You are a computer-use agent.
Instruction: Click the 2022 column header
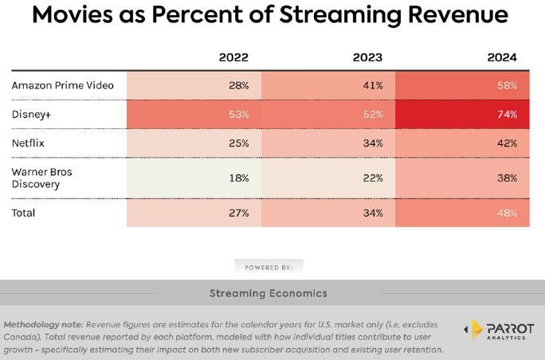pyautogui.click(x=233, y=57)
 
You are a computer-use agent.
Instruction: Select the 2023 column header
pyautogui.click(x=367, y=57)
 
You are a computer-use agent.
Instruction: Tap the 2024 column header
pyautogui.click(x=502, y=57)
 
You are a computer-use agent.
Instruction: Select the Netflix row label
pyautogui.click(x=28, y=143)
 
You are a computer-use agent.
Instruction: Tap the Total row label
pyautogui.click(x=24, y=213)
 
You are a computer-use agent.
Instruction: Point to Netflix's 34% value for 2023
pyautogui.click(x=372, y=143)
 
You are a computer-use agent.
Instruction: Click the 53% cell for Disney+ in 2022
pyautogui.click(x=238, y=114)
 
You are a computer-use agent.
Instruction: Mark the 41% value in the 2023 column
pyautogui.click(x=372, y=84)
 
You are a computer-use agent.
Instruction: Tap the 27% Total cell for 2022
pyautogui.click(x=238, y=213)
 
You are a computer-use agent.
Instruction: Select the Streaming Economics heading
pyautogui.click(x=268, y=293)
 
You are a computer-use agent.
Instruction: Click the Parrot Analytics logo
pyautogui.click(x=493, y=330)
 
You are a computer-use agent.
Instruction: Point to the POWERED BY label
pyautogui.click(x=269, y=266)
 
